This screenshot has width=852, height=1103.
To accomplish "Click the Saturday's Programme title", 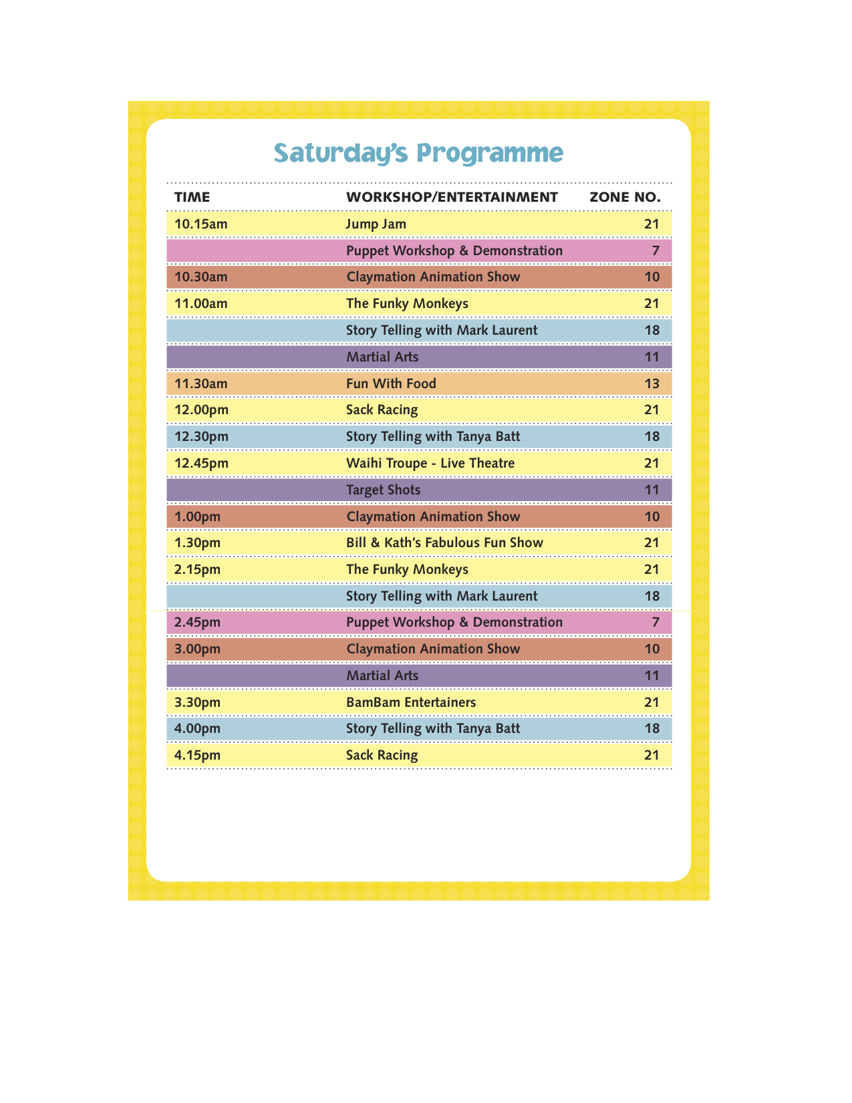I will click(x=418, y=153).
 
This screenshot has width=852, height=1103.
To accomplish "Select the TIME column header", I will click(x=192, y=197).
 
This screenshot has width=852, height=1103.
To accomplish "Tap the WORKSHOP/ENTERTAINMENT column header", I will click(x=452, y=197).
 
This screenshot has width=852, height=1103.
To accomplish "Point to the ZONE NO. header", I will click(x=625, y=197).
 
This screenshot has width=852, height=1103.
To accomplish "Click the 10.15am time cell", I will click(x=200, y=224).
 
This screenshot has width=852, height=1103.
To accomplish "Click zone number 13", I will click(x=652, y=383).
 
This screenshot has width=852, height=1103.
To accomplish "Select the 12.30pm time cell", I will click(x=201, y=437).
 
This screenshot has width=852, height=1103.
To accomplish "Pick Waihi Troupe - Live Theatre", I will click(x=430, y=463).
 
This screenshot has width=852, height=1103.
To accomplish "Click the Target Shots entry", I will click(x=384, y=490).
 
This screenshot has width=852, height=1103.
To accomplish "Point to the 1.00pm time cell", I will click(x=197, y=516).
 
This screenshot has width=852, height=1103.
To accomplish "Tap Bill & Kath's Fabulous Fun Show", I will click(x=444, y=542).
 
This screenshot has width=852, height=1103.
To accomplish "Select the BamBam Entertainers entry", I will click(x=411, y=702).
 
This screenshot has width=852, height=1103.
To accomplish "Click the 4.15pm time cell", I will click(x=197, y=756).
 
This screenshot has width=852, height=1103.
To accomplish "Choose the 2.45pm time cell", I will click(x=197, y=623).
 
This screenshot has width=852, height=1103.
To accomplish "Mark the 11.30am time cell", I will click(x=200, y=383).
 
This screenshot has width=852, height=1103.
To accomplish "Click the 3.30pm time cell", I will click(x=197, y=702).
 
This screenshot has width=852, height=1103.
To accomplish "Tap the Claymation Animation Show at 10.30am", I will click(x=433, y=277).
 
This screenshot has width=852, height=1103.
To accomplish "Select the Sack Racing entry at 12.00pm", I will click(x=382, y=410).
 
